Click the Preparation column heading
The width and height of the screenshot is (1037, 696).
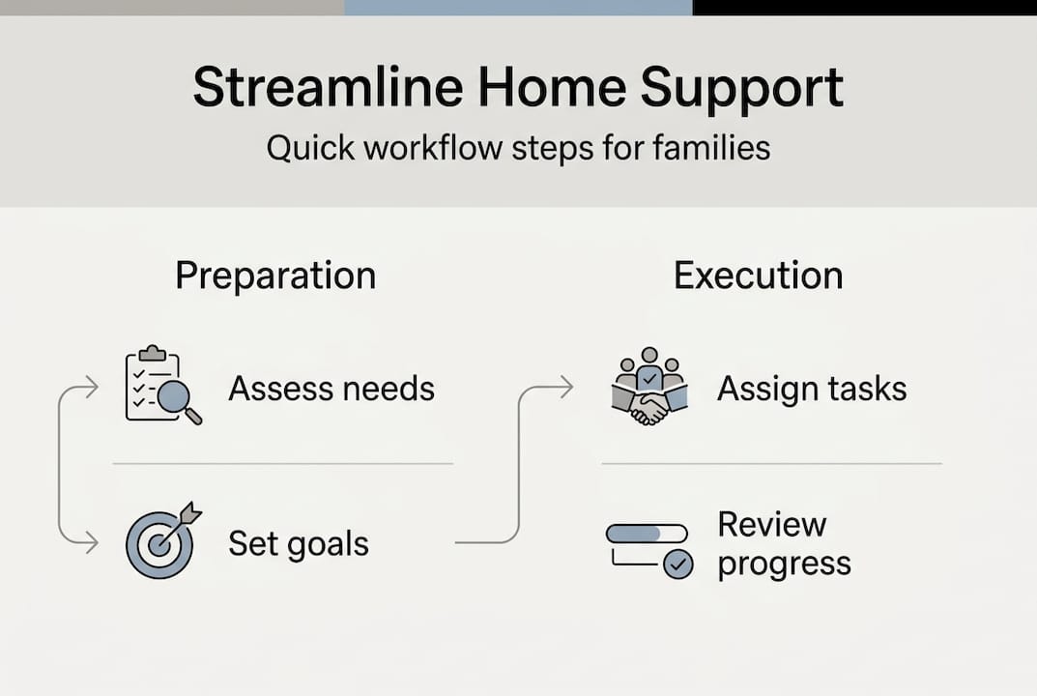(275, 275)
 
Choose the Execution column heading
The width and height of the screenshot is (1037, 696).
(758, 275)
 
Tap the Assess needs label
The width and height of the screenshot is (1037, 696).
(331, 389)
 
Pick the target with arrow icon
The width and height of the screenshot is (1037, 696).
(159, 542)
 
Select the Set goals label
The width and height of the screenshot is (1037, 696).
(299, 543)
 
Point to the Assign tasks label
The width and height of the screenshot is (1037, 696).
(812, 389)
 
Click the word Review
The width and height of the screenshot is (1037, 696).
(771, 525)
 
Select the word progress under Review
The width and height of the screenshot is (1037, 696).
(784, 563)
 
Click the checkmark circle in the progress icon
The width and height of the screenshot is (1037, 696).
(678, 565)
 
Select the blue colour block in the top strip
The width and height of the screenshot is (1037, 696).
(518, 7)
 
